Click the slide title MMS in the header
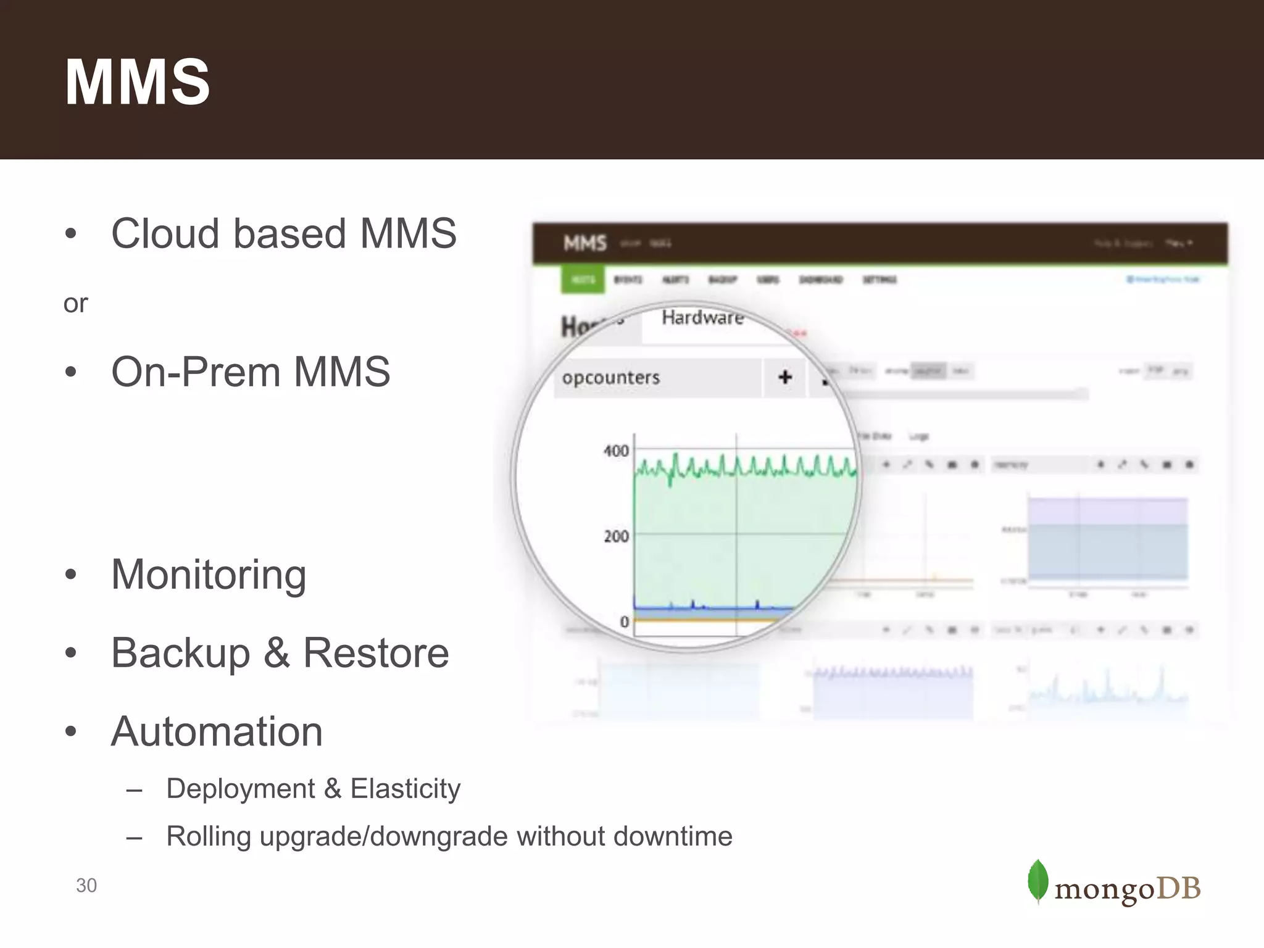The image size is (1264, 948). point(137,82)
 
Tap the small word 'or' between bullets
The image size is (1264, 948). point(75,304)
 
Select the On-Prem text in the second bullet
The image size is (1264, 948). point(196,372)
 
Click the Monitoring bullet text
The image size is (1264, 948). point(208,574)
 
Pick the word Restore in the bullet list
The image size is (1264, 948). point(376,653)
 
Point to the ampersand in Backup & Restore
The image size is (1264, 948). point(276,653)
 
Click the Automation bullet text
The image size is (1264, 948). point(217,731)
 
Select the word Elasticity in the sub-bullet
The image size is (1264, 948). point(405,789)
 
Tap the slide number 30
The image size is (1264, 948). point(86,886)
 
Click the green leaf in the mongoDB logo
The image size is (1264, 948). point(1037,881)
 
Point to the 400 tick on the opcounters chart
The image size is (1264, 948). point(616,451)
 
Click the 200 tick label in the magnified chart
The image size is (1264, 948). point(616,536)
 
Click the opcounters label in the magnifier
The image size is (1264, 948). point(610,378)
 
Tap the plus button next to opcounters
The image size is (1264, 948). point(784,377)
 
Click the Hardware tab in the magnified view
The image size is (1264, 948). point(702,318)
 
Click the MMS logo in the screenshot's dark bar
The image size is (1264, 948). point(584,244)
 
